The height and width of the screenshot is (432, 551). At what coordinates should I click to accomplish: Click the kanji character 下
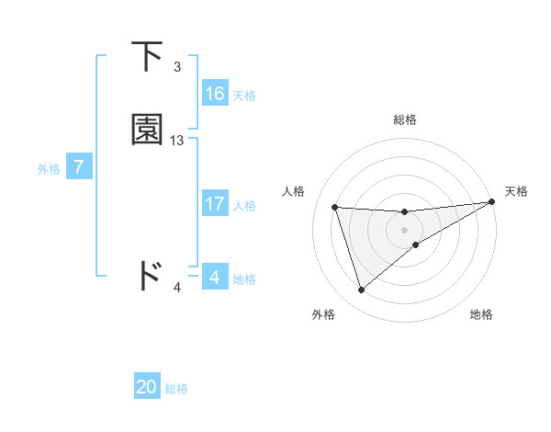pos(149,57)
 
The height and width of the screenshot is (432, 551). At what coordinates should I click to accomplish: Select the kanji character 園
pos(148,130)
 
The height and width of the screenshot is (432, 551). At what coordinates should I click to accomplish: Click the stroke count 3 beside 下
pos(177,67)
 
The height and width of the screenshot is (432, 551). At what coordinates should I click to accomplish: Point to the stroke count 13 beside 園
pos(177,141)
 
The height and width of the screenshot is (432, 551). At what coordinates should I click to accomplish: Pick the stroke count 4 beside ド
pos(177,288)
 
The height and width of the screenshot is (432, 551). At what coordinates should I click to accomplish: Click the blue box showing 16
pos(215,94)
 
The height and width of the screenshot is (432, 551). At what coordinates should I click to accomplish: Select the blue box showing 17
pos(215,204)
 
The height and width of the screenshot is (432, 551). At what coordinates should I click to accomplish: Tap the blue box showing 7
pos(79,167)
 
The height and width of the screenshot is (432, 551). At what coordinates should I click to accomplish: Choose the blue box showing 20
pos(147,387)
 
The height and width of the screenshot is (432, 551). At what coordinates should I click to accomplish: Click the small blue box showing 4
pos(214,277)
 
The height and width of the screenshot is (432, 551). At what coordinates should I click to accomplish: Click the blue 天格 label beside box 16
pos(244,96)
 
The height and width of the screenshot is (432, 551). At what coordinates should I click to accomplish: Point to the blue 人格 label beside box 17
pos(244,206)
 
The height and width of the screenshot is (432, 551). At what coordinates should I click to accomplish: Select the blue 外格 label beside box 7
pos(49,169)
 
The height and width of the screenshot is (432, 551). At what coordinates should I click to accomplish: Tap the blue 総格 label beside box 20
pos(176,389)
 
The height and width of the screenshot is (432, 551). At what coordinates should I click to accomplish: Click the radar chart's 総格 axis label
pos(405,119)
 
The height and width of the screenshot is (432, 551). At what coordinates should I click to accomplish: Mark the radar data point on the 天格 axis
pos(491,202)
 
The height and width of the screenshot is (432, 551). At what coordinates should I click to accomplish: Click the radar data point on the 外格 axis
pos(361,290)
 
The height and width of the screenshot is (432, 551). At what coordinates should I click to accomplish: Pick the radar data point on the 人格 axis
pos(335,207)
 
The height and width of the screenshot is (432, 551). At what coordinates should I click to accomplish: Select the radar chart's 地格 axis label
pos(481,314)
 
